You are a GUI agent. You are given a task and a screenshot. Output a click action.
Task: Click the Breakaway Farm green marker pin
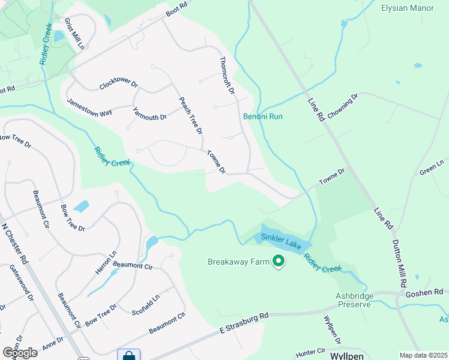pyautogui.click(x=278, y=261)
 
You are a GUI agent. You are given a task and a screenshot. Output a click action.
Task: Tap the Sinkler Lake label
pyautogui.click(x=280, y=238)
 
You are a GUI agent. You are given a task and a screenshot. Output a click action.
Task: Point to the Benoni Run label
pyautogui.click(x=262, y=116)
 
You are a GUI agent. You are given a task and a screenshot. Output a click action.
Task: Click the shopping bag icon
pyautogui.click(x=128, y=355)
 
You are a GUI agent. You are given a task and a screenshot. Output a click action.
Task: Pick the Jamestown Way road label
pyautogui.click(x=89, y=107)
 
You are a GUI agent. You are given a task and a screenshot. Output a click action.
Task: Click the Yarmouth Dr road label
pyautogui.click(x=149, y=113)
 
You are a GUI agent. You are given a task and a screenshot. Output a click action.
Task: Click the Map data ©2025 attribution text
pyautogui.click(x=424, y=355)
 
